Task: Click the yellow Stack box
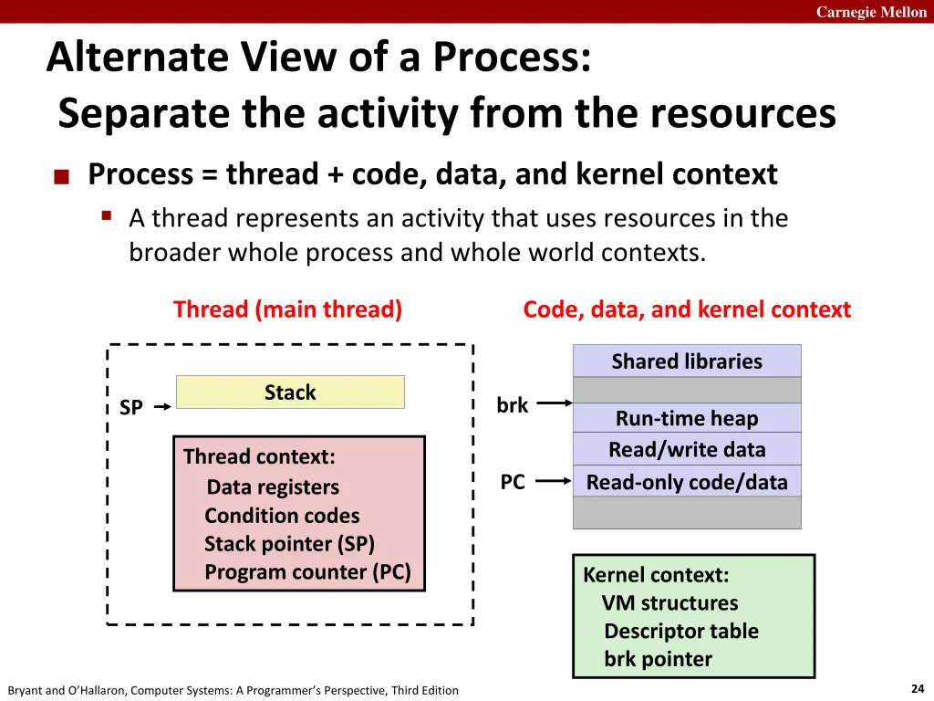pyautogui.click(x=290, y=392)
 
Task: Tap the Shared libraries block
pyautogui.click(x=687, y=361)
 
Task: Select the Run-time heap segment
pyautogui.click(x=687, y=418)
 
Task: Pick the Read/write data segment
pyautogui.click(x=687, y=449)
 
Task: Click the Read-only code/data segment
pyautogui.click(x=687, y=482)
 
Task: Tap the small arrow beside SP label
pyautogui.click(x=162, y=408)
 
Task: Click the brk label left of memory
pyautogui.click(x=512, y=405)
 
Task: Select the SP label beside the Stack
pyautogui.click(x=131, y=408)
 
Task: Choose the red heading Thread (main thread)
pyautogui.click(x=287, y=309)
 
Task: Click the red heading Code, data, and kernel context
pyautogui.click(x=687, y=309)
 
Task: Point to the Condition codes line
pyautogui.click(x=282, y=516)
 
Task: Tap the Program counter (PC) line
pyautogui.click(x=307, y=572)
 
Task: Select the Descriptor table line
pyautogui.click(x=680, y=631)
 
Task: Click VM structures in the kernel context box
pyautogui.click(x=669, y=603)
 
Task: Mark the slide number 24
pyautogui.click(x=918, y=689)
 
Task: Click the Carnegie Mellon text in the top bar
pyautogui.click(x=871, y=12)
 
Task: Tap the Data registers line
pyautogui.click(x=273, y=487)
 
